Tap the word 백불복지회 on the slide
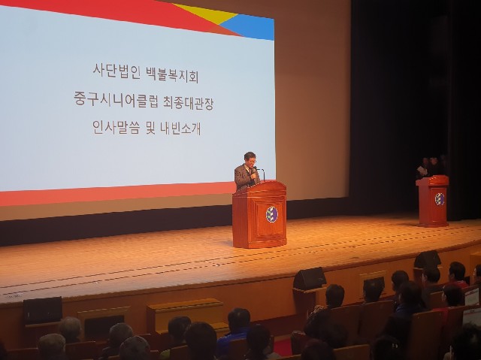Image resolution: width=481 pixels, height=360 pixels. pyautogui.click(x=172, y=74)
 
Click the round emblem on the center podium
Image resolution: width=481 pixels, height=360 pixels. pyautogui.click(x=271, y=214)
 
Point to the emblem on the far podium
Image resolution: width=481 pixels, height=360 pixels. pyautogui.click(x=439, y=199)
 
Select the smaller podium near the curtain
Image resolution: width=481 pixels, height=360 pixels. pyautogui.click(x=432, y=201)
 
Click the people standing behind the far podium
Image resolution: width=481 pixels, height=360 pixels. pyautogui.click(x=431, y=167)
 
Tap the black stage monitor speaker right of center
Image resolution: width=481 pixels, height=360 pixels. pyautogui.click(x=309, y=278)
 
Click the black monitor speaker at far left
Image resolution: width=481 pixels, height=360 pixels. pyautogui.click(x=43, y=310)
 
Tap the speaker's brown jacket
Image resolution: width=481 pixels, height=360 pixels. pyautogui.click(x=245, y=177)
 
